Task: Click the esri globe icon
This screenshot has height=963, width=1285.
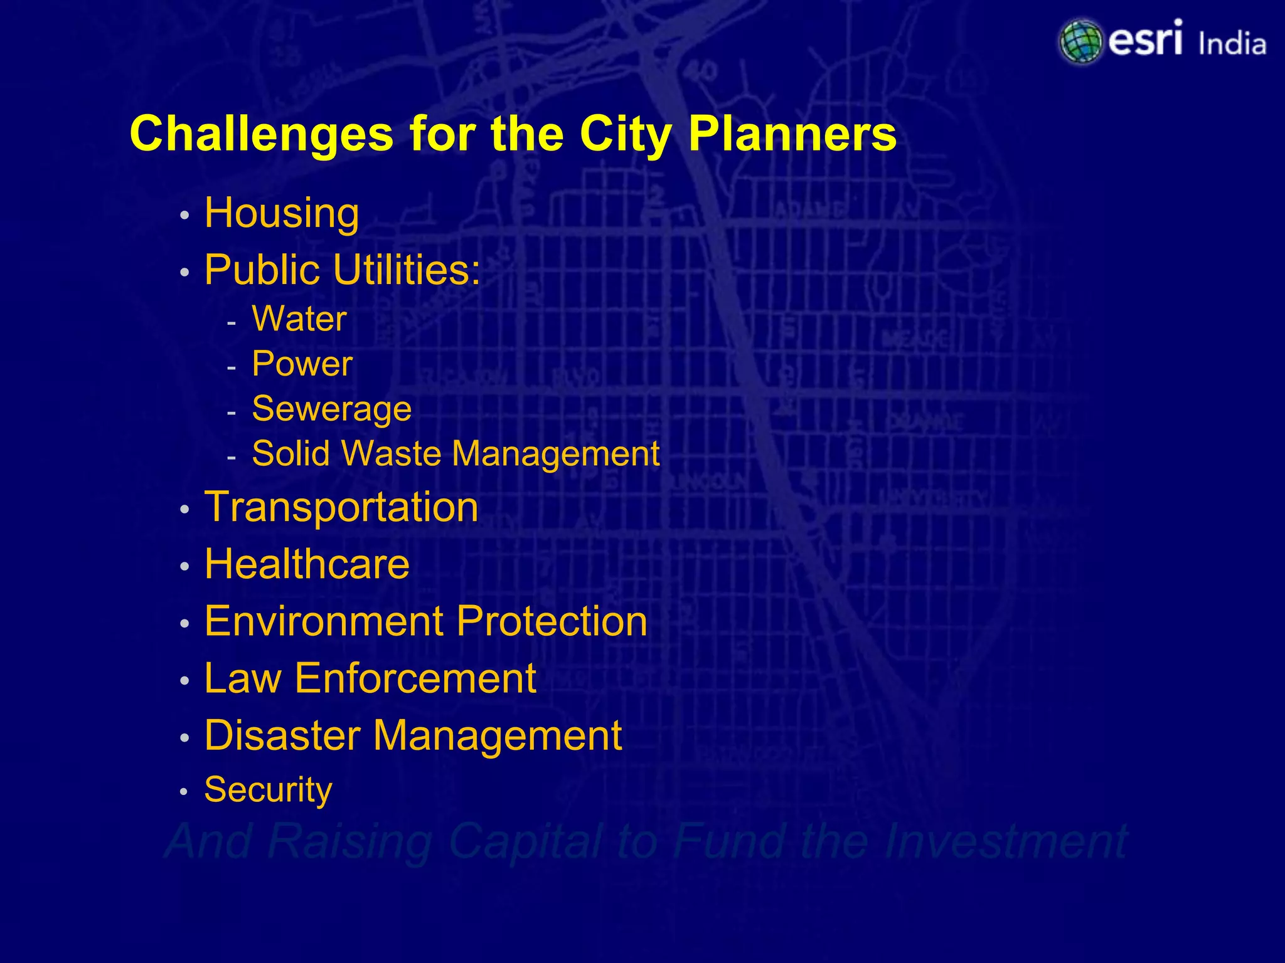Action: click(1080, 42)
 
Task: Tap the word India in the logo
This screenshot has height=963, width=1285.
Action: click(1232, 45)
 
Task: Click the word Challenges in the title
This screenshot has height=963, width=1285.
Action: click(261, 134)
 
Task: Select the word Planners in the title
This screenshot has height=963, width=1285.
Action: click(792, 134)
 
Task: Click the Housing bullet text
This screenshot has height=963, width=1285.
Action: click(282, 214)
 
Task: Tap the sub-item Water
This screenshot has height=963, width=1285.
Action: click(299, 319)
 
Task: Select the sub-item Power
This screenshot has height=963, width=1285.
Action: click(302, 364)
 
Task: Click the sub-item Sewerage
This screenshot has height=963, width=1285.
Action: click(331, 409)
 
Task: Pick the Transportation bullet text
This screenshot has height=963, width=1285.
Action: click(341, 507)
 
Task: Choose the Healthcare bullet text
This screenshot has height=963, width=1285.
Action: click(307, 564)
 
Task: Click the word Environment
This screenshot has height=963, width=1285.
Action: click(324, 621)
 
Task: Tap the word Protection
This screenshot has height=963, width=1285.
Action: click(552, 621)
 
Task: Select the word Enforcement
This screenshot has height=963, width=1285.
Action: click(415, 678)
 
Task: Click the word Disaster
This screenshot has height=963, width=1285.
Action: click(282, 735)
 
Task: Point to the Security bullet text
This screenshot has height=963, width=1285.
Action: click(268, 790)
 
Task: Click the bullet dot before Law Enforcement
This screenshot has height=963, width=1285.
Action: click(184, 681)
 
